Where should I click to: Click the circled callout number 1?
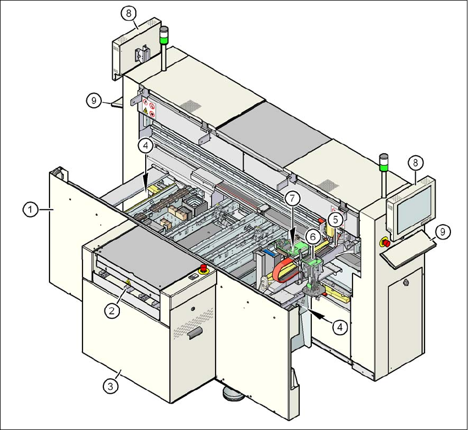click(31, 209)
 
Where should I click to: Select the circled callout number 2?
click(112, 311)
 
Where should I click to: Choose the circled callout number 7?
click(291, 197)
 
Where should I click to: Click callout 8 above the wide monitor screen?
click(416, 162)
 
